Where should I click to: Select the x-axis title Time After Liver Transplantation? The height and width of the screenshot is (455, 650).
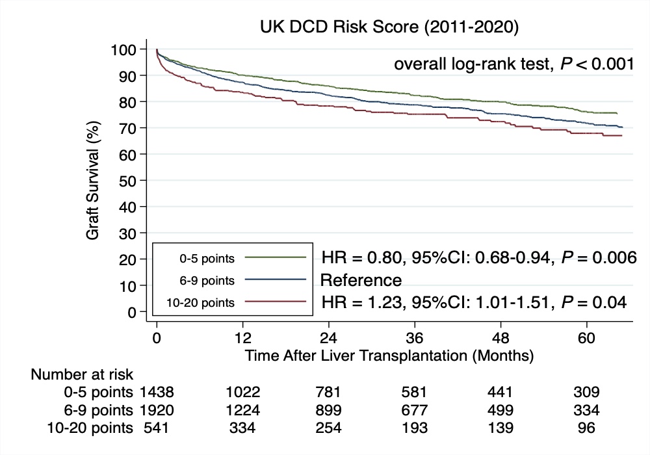pyautogui.click(x=389, y=356)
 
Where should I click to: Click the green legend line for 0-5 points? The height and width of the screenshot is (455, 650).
pyautogui.click(x=276, y=257)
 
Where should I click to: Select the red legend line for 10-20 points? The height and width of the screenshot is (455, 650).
pyautogui.click(x=276, y=302)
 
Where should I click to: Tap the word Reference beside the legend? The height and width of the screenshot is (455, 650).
pyautogui.click(x=361, y=280)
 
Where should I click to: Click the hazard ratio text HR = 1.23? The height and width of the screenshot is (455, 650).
pyautogui.click(x=364, y=302)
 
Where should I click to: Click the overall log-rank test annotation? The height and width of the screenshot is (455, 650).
pyautogui.click(x=512, y=65)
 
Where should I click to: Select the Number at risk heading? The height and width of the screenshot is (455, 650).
pyautogui.click(x=83, y=374)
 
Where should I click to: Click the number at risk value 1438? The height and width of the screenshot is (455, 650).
pyautogui.click(x=156, y=393)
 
